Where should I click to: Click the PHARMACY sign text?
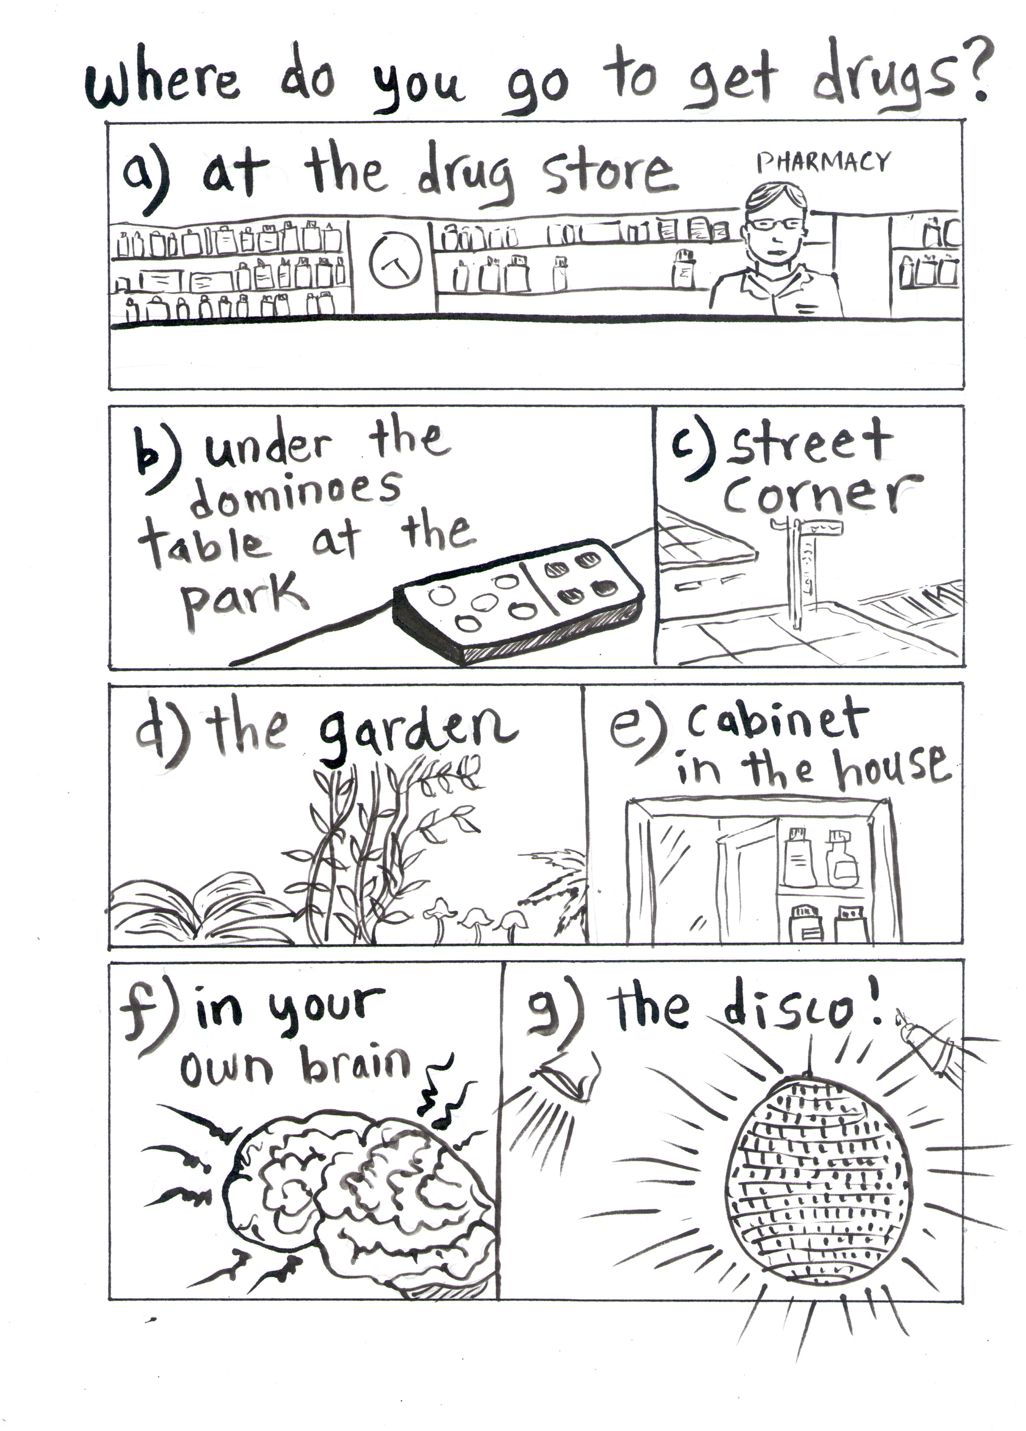824,163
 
